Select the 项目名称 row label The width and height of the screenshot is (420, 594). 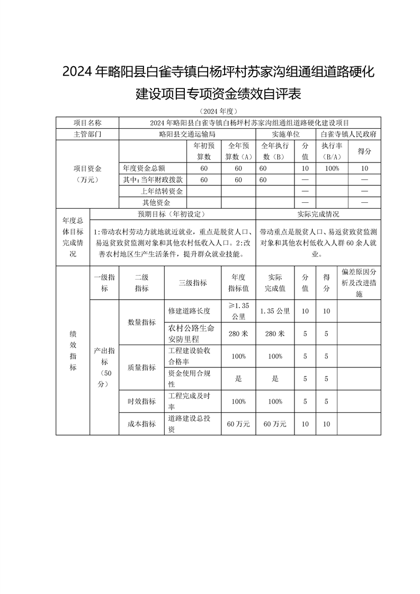(x=87, y=122)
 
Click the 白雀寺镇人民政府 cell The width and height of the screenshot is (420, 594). (x=348, y=134)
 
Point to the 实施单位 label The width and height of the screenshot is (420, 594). (x=286, y=134)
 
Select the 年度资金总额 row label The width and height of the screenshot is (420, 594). (x=146, y=168)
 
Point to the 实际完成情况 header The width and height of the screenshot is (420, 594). (x=318, y=214)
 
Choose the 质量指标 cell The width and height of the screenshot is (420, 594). (x=142, y=367)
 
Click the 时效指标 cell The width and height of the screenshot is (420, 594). (x=142, y=401)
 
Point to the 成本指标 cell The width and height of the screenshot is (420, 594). (x=142, y=424)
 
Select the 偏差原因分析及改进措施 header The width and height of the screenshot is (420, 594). (x=359, y=283)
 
